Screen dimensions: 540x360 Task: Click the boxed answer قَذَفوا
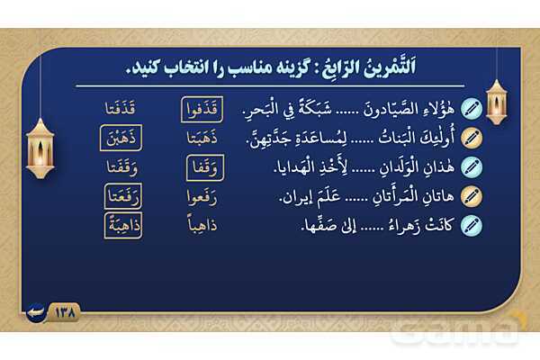(202, 110)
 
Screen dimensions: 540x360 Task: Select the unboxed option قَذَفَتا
(121, 109)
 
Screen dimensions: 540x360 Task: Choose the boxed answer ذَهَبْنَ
(121, 138)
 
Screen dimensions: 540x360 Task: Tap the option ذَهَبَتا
(202, 138)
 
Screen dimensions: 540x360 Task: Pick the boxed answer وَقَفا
(205, 167)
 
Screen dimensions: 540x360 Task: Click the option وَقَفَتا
(121, 167)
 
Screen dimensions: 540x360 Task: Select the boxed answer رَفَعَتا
(123, 197)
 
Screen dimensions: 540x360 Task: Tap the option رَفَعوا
(202, 198)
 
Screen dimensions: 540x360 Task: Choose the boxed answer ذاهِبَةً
(123, 226)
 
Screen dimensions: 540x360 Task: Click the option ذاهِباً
(202, 225)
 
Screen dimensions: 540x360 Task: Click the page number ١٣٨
(65, 313)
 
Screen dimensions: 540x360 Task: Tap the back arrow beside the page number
(36, 312)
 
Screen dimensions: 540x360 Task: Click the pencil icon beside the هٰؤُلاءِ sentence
(472, 109)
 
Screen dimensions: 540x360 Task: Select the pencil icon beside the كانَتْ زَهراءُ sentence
(472, 226)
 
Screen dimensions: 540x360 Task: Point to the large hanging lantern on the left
(40, 148)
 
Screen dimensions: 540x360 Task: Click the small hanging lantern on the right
(496, 102)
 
